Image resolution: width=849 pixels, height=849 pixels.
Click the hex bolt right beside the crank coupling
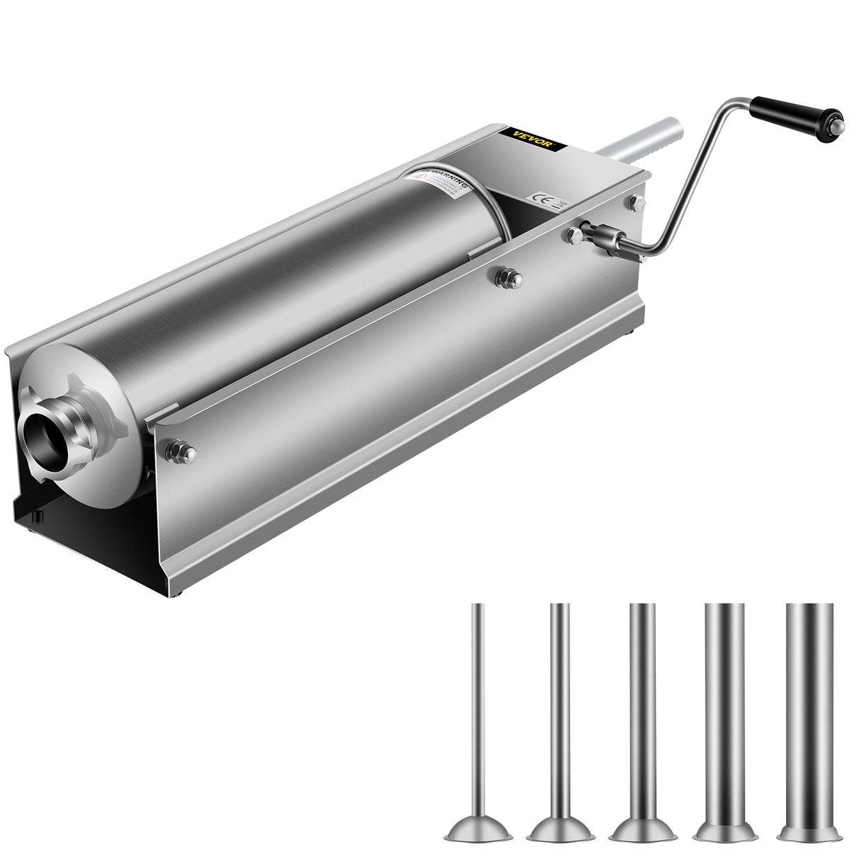coord(574,236)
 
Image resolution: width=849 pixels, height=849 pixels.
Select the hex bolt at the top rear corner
coord(636,202)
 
